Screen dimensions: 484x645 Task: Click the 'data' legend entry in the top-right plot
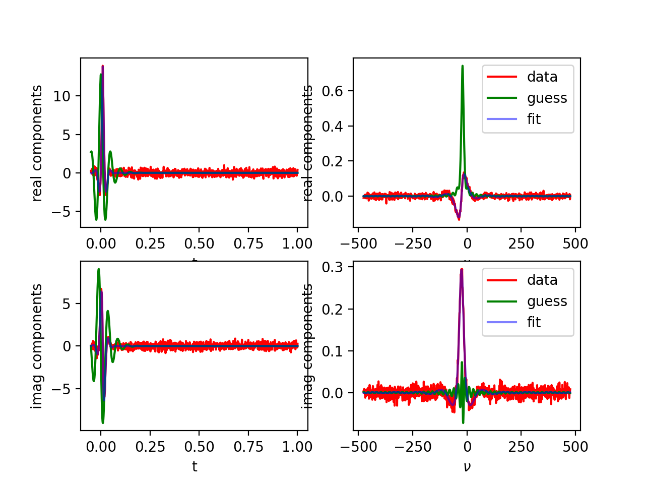pos(542,77)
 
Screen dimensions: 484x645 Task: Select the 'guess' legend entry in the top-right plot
pos(547,98)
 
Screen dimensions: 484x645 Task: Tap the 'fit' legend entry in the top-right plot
pos(534,119)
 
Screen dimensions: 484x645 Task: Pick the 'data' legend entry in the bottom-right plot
pos(542,280)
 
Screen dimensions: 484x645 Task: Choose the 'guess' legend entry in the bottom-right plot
pos(547,301)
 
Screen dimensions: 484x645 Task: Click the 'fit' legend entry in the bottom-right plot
pos(534,322)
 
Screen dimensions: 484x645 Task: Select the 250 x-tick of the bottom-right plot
pos(521,447)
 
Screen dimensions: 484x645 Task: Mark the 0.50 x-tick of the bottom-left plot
pos(199,447)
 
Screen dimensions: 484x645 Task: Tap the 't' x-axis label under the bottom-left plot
pos(195,467)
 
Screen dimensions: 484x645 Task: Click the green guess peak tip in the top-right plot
pos(462,66)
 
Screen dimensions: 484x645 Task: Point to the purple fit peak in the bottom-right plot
pos(462,271)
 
